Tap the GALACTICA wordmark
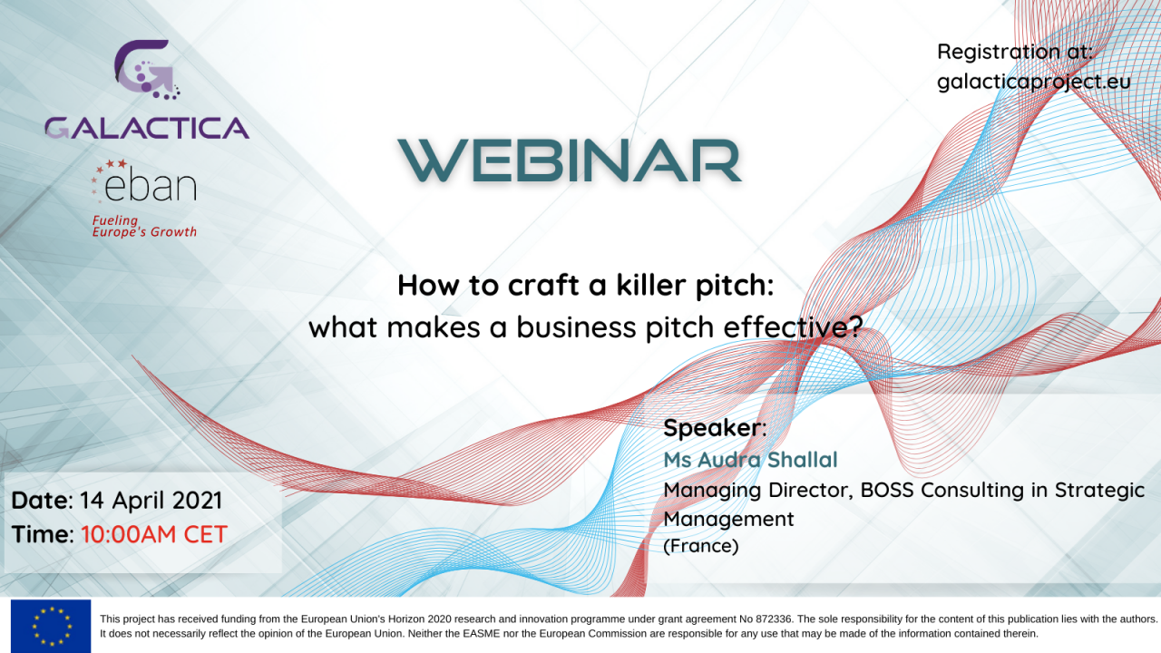coord(147,128)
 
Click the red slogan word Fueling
coord(115,220)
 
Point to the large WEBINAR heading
coord(570,161)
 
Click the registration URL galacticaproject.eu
coord(1034,82)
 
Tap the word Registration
coord(999,52)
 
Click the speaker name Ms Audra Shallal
coord(750,460)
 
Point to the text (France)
coord(701,546)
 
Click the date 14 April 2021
coord(151,501)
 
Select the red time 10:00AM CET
coord(154,534)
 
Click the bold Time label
coord(43,534)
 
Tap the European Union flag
coord(51,626)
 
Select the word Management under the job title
coord(728,520)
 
